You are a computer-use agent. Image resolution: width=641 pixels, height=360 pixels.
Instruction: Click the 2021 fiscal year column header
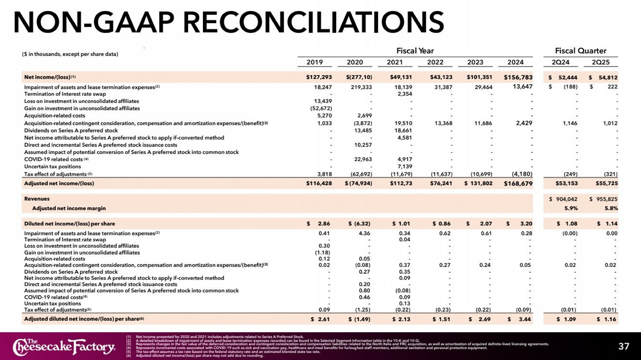point(394,62)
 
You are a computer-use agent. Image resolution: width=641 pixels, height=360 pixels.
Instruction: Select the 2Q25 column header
point(600,62)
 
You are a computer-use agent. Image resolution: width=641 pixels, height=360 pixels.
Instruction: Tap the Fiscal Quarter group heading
point(580,51)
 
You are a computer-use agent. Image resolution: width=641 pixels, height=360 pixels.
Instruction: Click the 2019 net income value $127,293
point(319,77)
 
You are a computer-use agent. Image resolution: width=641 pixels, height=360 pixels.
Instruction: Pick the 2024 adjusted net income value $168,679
point(518,184)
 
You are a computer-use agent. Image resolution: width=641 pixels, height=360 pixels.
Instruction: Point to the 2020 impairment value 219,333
point(361,87)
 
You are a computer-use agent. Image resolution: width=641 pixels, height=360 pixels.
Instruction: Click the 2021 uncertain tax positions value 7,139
point(405,167)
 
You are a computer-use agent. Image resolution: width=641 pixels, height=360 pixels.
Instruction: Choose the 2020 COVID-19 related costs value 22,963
point(363,159)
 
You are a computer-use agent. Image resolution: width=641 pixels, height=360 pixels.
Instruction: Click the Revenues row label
point(37,199)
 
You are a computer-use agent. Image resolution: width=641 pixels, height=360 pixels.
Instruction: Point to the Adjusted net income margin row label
point(69,208)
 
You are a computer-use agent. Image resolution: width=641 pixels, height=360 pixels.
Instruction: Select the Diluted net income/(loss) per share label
point(69,224)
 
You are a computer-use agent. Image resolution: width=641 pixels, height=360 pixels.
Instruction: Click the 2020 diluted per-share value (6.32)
point(362,224)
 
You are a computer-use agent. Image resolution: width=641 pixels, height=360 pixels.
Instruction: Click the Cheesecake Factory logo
point(64,347)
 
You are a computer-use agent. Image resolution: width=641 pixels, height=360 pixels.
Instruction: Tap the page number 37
point(623,346)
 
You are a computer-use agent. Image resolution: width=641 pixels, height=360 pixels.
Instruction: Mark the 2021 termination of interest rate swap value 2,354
point(405,94)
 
